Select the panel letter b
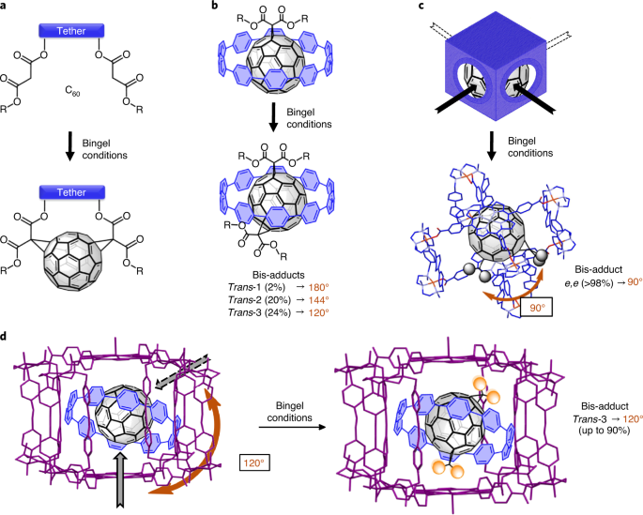pos(218,8)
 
